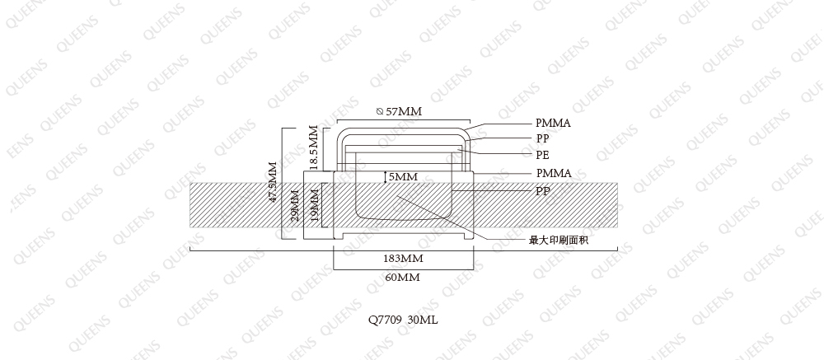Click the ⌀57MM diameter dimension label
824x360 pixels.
click(400, 111)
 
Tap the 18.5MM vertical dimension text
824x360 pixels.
click(314, 147)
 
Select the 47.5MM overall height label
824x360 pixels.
click(273, 182)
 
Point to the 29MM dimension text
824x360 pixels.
click(295, 205)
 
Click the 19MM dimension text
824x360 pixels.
click(314, 205)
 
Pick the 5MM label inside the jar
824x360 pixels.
click(403, 177)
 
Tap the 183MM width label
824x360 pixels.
click(403, 259)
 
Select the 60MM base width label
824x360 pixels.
click(403, 278)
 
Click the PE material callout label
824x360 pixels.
click(542, 155)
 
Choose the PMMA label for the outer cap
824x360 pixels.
click(554, 123)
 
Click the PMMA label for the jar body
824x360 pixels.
click(554, 173)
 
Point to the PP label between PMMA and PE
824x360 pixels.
click(542, 138)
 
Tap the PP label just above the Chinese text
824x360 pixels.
click(543, 191)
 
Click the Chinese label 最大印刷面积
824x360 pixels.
click(559, 241)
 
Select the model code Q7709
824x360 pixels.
click(386, 320)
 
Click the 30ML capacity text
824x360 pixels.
click(423, 320)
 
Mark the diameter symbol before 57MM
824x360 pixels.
click(380, 111)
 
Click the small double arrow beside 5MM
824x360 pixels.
click(385, 177)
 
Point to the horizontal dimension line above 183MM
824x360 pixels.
click(403, 250)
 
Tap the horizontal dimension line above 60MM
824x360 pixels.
click(404, 269)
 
